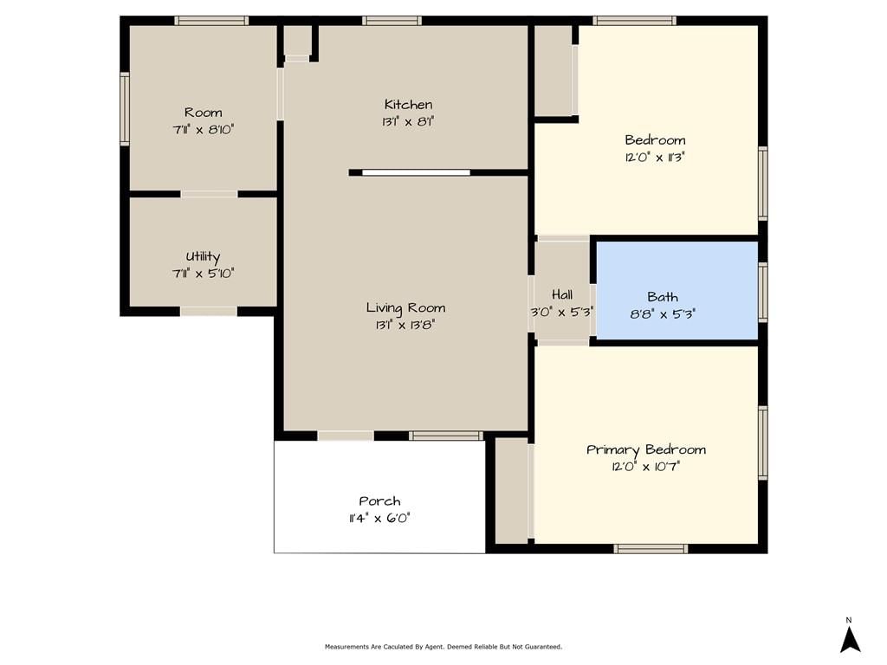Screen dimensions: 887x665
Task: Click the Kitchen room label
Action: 409,105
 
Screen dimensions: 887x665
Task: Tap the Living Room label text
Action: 405,308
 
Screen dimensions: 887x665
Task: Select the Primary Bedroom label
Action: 646,450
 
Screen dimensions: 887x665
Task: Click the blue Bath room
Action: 677,291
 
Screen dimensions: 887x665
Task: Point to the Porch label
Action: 379,501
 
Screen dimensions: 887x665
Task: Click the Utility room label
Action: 203,256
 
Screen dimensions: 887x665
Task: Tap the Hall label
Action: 562,294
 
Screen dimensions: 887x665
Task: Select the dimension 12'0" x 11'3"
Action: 655,158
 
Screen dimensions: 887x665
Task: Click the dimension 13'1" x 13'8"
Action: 405,326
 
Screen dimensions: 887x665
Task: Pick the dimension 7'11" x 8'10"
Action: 203,130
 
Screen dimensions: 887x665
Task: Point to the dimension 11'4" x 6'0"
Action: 379,518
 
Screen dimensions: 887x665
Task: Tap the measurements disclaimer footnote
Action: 443,646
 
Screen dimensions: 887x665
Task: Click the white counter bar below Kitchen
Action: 416,172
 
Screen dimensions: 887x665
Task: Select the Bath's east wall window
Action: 762,292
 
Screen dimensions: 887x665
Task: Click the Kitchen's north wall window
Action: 392,21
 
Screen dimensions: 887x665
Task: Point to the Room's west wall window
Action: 125,108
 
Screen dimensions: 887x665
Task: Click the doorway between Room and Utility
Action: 209,194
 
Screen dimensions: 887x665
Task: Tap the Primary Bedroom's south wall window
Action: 651,548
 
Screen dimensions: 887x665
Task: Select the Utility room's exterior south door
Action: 208,312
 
